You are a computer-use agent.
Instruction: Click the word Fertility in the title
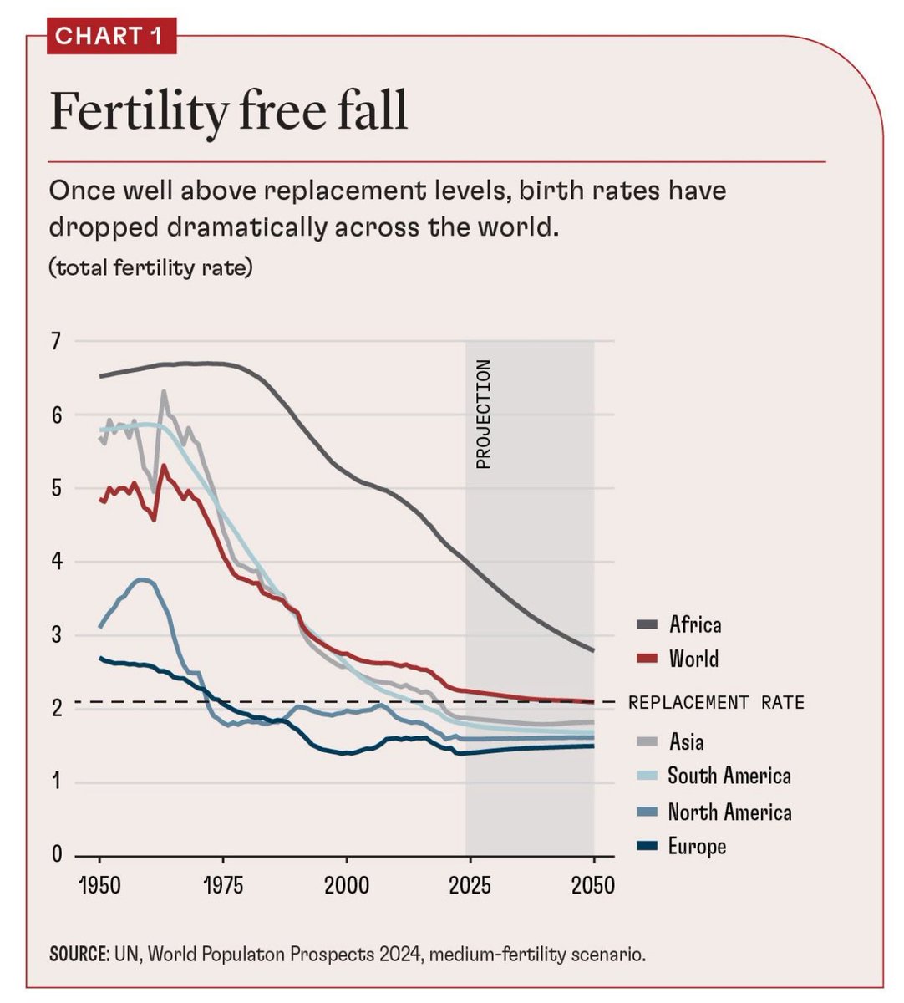click(x=135, y=111)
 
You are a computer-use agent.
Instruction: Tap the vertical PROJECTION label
click(x=483, y=415)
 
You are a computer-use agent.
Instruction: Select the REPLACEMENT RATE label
click(x=716, y=702)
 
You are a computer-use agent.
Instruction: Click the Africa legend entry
click(x=694, y=624)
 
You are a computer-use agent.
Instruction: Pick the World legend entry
click(x=693, y=659)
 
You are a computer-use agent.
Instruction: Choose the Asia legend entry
click(x=686, y=741)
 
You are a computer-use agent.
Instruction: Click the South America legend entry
click(x=729, y=776)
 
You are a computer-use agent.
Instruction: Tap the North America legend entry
click(x=729, y=812)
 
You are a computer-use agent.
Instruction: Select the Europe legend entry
click(x=697, y=846)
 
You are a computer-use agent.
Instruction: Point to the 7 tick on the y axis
click(x=56, y=341)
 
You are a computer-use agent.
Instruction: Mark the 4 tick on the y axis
click(x=56, y=562)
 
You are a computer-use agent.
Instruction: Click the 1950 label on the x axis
click(x=100, y=885)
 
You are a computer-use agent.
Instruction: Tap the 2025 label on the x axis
click(x=470, y=885)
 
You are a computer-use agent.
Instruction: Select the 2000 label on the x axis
click(x=346, y=885)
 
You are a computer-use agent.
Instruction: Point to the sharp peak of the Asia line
click(x=164, y=391)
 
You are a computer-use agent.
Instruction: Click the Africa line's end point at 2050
click(x=593, y=650)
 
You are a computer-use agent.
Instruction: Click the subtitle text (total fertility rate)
click(x=150, y=268)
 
